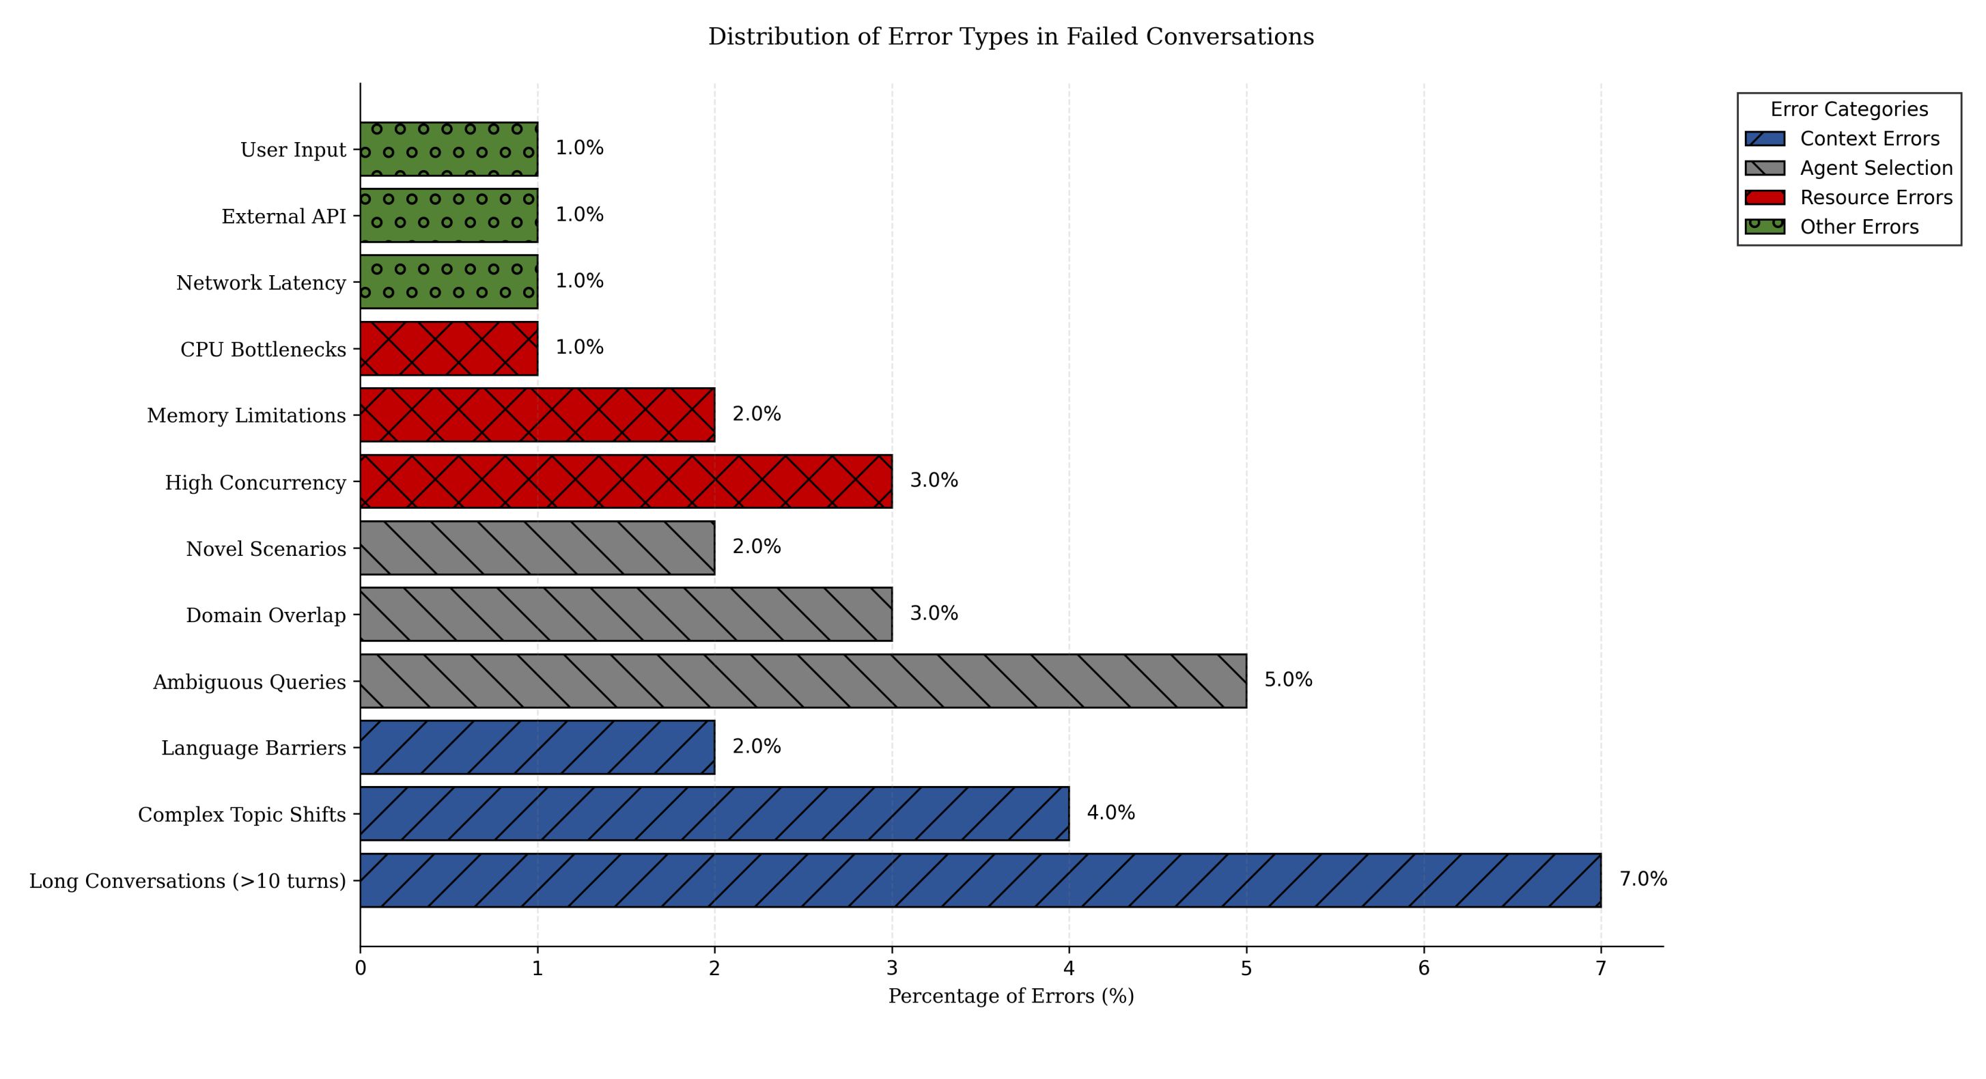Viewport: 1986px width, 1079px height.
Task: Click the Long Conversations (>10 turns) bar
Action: click(980, 880)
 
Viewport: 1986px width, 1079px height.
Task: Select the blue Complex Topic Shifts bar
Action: click(714, 814)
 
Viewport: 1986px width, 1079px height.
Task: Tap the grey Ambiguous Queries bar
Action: click(802, 682)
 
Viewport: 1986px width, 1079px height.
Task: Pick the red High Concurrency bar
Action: click(626, 481)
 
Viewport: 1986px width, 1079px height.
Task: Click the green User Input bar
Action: click(449, 149)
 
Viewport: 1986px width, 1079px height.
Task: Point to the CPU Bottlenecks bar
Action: click(449, 348)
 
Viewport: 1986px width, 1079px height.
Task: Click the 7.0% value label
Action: click(1643, 880)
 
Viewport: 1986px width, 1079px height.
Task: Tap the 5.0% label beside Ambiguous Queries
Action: click(1287, 679)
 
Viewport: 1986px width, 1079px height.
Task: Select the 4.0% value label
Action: click(1110, 813)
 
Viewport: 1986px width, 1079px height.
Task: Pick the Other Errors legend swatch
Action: click(1765, 227)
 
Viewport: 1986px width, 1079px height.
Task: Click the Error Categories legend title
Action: click(1849, 109)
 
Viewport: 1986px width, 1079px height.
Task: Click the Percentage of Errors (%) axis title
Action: click(1011, 996)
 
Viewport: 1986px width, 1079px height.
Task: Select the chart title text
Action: click(1011, 37)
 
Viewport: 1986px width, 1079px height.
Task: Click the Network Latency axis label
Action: click(261, 283)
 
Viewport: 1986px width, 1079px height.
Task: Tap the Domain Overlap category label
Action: click(265, 615)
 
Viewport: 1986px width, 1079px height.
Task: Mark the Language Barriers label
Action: click(253, 748)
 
